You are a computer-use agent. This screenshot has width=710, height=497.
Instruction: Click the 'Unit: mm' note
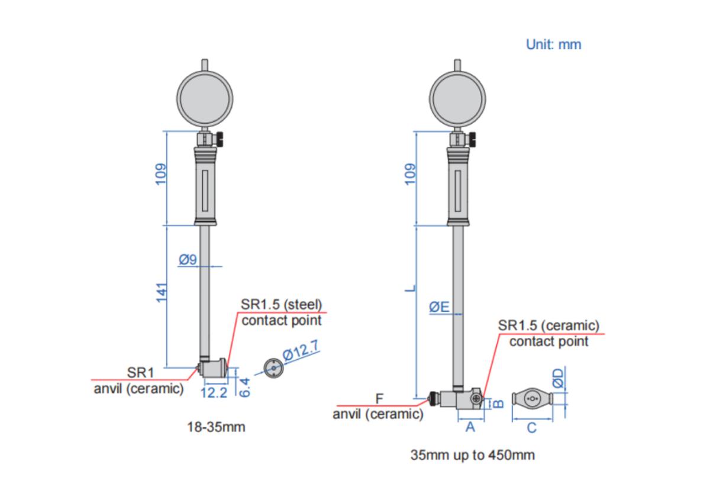coord(553,45)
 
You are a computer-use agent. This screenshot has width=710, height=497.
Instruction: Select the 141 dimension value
coord(162,292)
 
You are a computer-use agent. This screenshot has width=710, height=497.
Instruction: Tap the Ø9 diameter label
coord(188,260)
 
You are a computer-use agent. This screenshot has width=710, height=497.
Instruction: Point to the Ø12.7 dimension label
coord(301,350)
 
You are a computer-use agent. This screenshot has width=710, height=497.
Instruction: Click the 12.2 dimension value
coord(214,393)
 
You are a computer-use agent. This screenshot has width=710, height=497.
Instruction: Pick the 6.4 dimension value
coord(244,388)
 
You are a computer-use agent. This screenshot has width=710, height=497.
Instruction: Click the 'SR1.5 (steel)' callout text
coord(282,305)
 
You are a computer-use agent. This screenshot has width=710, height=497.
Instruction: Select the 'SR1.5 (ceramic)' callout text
coord(548,325)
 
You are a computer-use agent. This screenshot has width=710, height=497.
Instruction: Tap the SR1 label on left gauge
coord(140,373)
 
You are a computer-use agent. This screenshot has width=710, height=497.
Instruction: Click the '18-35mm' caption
coord(216,427)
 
